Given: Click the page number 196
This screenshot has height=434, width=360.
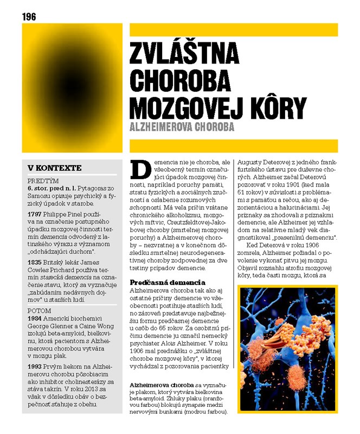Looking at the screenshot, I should [29, 17].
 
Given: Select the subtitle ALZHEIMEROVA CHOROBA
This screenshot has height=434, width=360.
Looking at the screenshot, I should [182, 127].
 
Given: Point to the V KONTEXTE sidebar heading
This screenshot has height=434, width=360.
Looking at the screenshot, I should [55, 168].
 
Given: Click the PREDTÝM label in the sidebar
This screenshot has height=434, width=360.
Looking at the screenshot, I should [43, 181].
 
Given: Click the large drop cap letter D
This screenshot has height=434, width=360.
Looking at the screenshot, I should [141, 169].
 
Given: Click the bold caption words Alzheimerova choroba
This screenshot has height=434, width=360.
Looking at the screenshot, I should [163, 385].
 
